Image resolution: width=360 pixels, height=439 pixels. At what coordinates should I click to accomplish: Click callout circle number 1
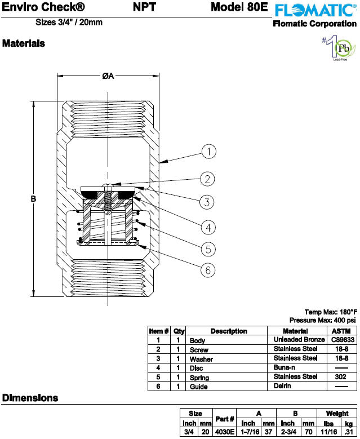209,152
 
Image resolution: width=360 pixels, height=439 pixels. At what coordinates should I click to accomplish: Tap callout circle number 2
207,179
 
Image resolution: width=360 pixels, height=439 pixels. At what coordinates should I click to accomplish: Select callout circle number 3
207,202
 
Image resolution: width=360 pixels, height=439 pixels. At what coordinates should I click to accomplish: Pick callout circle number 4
208,227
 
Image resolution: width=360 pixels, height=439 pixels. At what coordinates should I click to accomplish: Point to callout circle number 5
208,249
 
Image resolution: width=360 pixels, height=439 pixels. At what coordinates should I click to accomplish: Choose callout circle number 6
208,270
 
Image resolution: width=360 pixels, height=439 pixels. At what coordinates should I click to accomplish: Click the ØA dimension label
108,76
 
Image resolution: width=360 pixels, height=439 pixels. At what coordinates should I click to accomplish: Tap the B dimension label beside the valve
33,199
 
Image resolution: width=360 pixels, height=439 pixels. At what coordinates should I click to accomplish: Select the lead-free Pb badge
339,48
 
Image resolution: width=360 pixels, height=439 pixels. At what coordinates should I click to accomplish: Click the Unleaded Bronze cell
299,340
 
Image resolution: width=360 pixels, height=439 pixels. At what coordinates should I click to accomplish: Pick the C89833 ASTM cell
343,340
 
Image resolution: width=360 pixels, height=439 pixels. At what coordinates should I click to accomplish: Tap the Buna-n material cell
284,367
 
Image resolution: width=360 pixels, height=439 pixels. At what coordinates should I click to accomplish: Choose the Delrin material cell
282,386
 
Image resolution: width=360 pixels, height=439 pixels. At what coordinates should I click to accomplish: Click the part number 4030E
225,432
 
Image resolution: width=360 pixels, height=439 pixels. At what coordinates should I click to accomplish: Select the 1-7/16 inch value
250,432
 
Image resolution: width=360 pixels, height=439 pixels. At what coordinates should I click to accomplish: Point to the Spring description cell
199,378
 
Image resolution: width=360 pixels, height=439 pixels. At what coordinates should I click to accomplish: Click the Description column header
229,331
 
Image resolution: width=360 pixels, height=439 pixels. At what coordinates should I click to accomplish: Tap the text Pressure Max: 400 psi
322,320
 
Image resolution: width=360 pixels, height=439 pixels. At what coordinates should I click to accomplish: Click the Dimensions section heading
30,398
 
